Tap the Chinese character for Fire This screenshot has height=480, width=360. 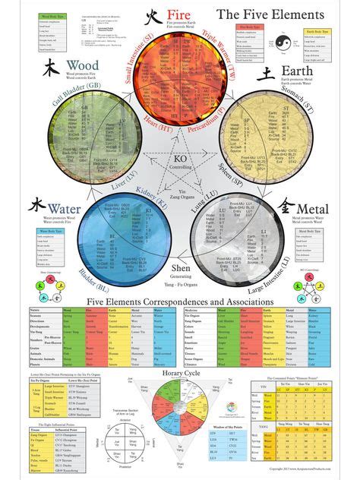pos(153,15)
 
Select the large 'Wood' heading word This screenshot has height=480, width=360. pos(82,65)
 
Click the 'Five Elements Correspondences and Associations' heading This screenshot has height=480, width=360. pos(180,302)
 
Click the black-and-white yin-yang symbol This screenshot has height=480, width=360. pos(283,45)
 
